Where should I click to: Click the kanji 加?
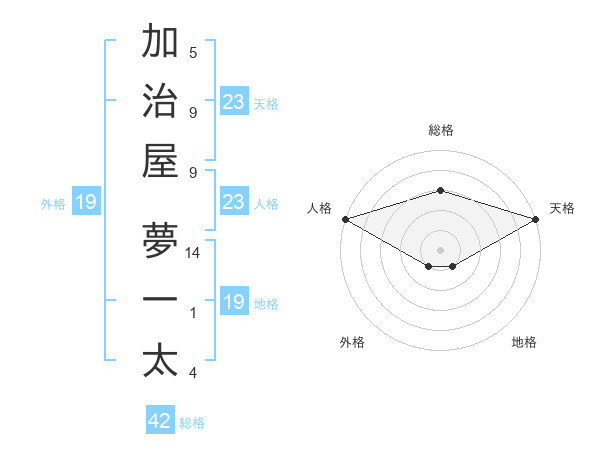[x=160, y=43]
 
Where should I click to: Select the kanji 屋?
[x=160, y=160]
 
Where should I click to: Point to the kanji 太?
[x=160, y=360]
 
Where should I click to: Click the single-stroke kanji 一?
[x=160, y=300]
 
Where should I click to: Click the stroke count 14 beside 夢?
[x=193, y=254]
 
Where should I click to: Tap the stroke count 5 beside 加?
[x=193, y=53]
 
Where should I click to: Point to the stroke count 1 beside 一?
[x=193, y=314]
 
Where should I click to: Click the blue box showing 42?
[x=160, y=421]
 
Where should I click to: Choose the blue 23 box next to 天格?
[x=234, y=102]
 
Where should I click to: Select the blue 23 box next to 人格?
[x=234, y=202]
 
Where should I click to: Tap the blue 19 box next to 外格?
[x=86, y=203]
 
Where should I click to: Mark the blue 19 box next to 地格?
[x=234, y=302]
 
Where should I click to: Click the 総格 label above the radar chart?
[x=440, y=130]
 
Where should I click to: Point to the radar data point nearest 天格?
[x=536, y=219]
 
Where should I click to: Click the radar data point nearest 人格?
[x=345, y=219]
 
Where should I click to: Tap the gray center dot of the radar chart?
[x=440, y=248]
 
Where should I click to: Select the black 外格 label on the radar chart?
[x=352, y=342]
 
